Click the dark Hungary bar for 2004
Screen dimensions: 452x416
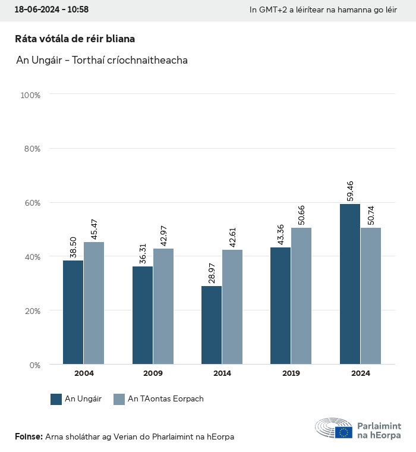click(x=73, y=312)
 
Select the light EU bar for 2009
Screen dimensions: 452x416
click(x=163, y=306)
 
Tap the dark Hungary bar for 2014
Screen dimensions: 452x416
click(x=212, y=325)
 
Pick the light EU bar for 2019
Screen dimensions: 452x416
click(x=301, y=296)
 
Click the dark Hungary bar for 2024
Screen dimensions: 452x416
click(x=350, y=284)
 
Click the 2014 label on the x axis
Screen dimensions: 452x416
click(x=222, y=373)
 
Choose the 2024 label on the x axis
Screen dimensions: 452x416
click(x=360, y=373)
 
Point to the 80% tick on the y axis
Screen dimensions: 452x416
click(x=31, y=149)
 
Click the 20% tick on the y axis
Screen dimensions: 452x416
click(x=31, y=310)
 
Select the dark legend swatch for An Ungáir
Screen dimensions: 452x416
click(x=56, y=399)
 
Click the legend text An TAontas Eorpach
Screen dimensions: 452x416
click(x=166, y=399)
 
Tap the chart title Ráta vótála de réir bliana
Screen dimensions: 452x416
click(x=75, y=39)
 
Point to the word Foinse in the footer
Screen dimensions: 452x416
click(x=29, y=437)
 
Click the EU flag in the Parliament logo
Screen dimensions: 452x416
click(x=343, y=432)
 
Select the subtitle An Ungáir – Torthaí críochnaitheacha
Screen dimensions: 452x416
click(x=102, y=61)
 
